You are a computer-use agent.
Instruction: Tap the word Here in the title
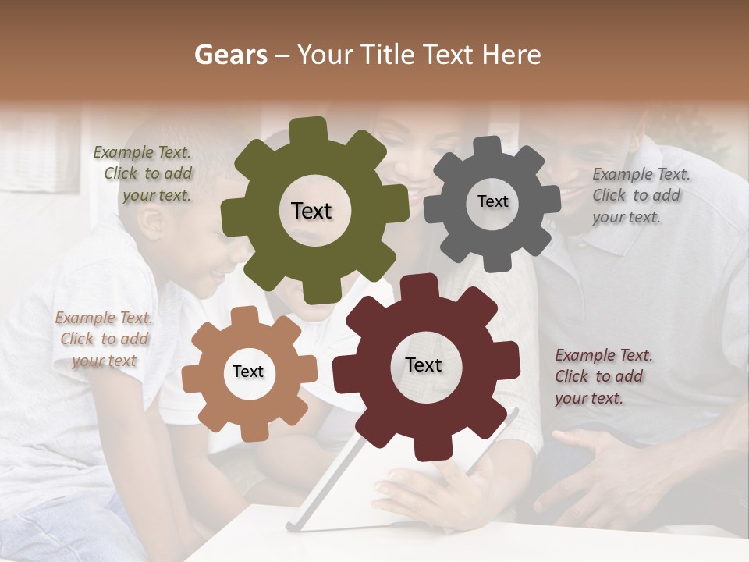(510, 55)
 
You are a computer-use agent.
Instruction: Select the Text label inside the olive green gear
(311, 211)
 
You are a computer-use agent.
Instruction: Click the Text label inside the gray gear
(492, 201)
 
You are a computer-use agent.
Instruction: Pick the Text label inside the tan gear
(248, 372)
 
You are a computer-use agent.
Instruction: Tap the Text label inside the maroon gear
(423, 365)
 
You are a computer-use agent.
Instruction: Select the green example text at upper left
(144, 174)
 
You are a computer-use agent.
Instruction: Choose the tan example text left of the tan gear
(104, 340)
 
